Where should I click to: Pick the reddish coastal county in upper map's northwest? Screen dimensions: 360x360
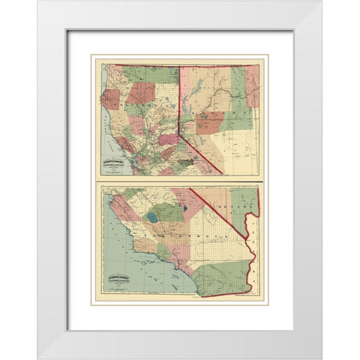[x=110, y=97]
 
